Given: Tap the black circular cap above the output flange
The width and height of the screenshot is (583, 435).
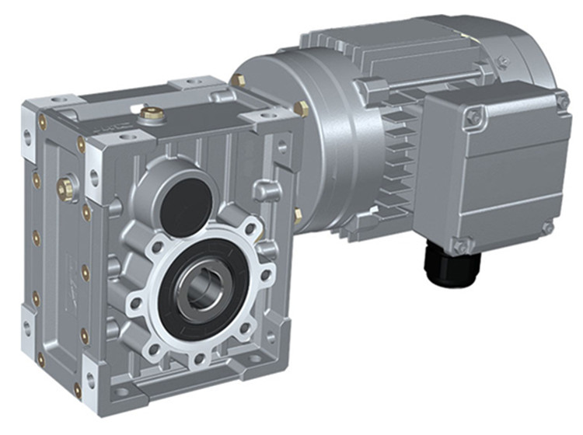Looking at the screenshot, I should tap(185, 200).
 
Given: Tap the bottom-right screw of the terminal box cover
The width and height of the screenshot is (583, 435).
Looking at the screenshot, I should tap(547, 228).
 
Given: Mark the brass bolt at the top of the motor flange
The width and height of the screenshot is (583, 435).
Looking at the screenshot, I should tap(238, 79).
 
